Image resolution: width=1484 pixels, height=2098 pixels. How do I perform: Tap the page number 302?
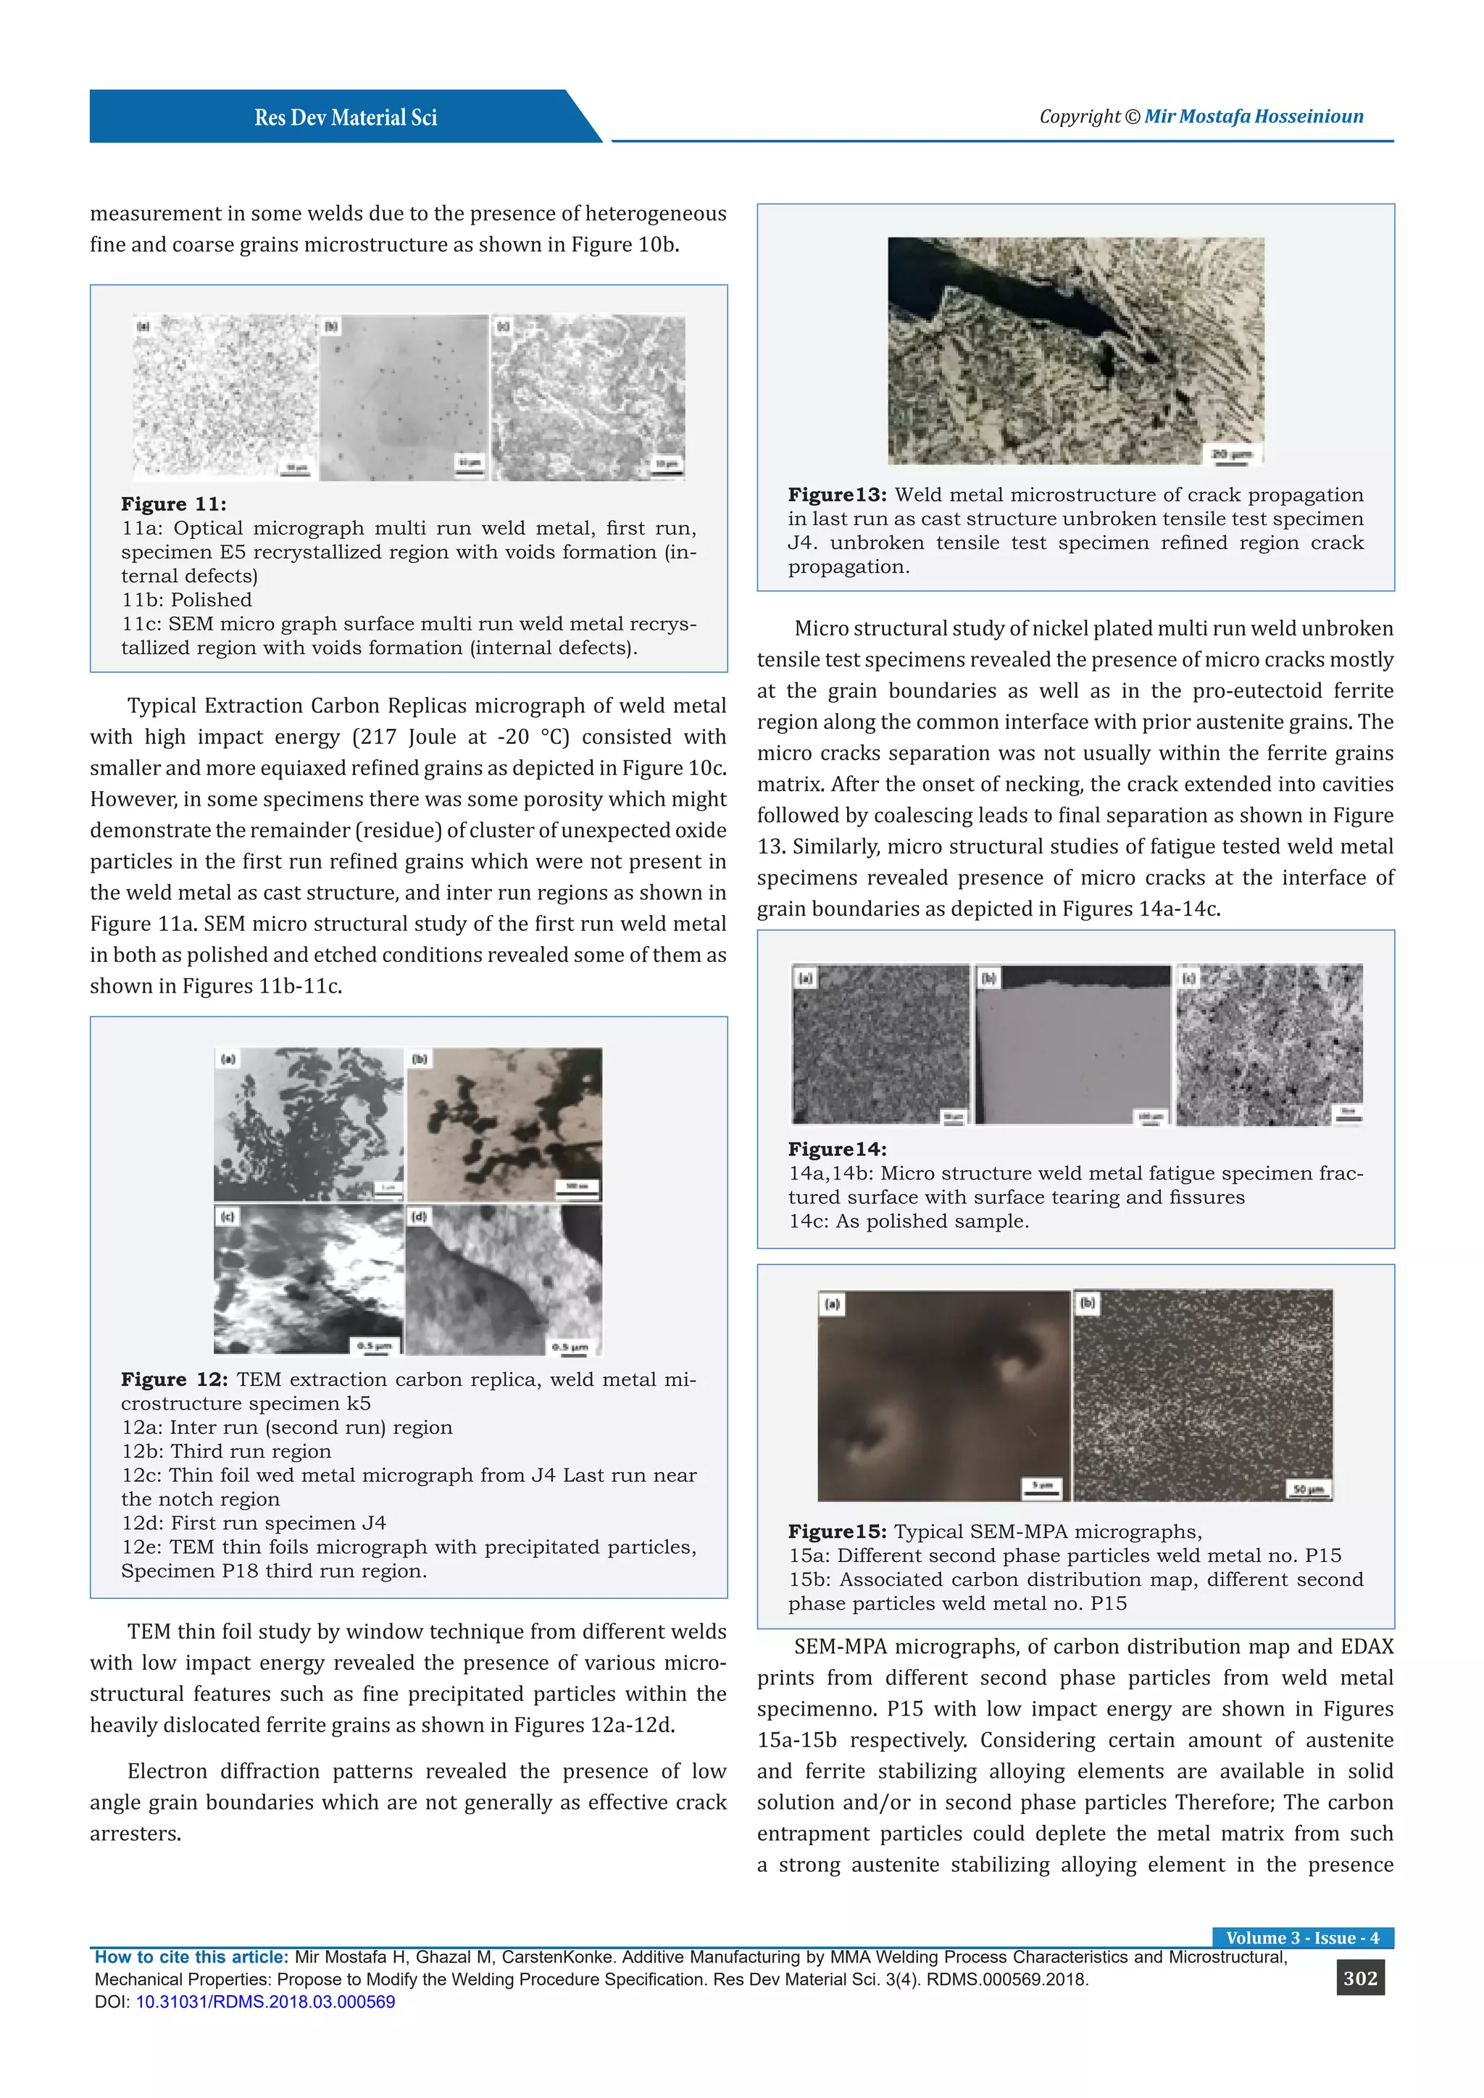[1359, 1978]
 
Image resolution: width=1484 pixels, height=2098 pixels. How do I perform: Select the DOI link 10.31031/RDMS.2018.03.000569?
[265, 2001]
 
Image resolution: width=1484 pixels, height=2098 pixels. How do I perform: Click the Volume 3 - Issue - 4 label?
[1302, 1937]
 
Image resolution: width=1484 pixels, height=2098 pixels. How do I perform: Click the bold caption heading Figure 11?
[174, 504]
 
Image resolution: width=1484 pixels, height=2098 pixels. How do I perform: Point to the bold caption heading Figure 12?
[175, 1380]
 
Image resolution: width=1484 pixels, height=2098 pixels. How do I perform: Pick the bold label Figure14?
[837, 1150]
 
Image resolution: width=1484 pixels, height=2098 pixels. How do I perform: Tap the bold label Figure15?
[837, 1531]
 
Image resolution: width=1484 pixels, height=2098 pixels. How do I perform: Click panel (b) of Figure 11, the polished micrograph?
[404, 398]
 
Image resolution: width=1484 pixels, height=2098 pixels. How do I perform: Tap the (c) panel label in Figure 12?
[228, 1217]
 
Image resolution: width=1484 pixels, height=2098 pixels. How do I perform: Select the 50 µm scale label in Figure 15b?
[1309, 1490]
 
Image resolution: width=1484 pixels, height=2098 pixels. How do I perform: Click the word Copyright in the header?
[1079, 116]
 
